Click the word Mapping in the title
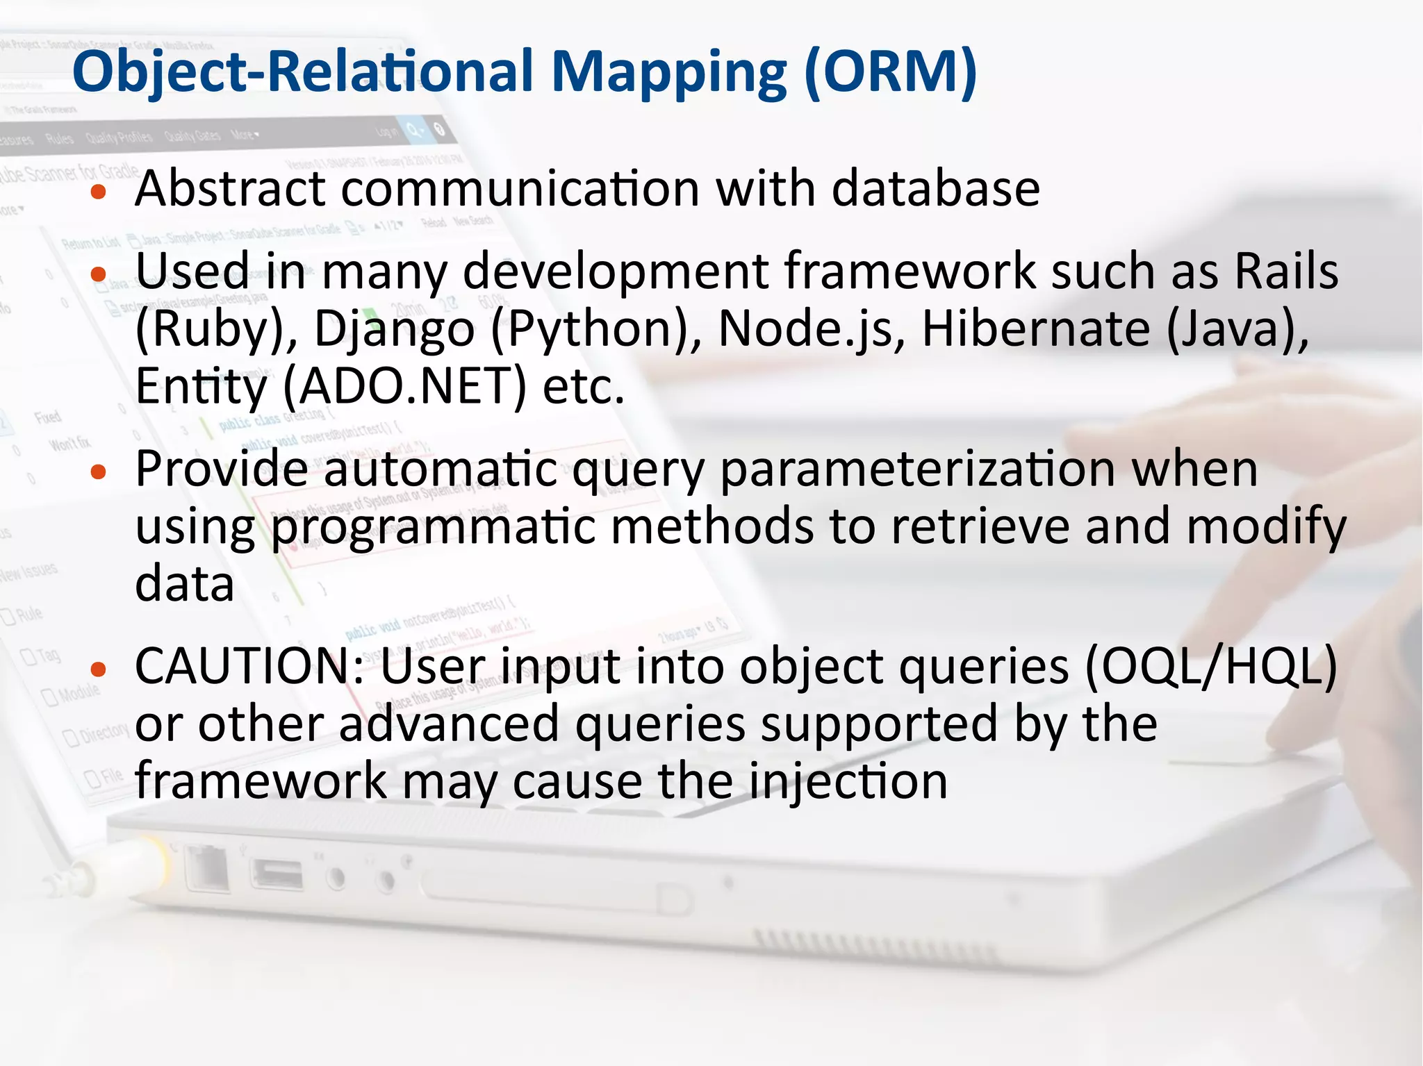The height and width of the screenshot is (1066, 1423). [668, 73]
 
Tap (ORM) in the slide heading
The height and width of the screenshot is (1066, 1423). [890, 72]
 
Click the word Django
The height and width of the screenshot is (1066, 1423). [394, 329]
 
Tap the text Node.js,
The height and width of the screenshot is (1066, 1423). [812, 329]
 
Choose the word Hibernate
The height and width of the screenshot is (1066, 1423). [1035, 329]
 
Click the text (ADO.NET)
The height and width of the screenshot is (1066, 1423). [405, 386]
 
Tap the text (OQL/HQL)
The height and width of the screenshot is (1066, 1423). [1210, 667]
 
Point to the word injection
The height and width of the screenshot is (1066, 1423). [848, 781]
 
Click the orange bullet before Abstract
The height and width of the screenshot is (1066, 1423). [99, 192]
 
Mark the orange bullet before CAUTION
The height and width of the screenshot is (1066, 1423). [99, 669]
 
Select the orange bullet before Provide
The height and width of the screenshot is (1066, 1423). [99, 473]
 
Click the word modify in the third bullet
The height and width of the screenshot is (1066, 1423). [1266, 527]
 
